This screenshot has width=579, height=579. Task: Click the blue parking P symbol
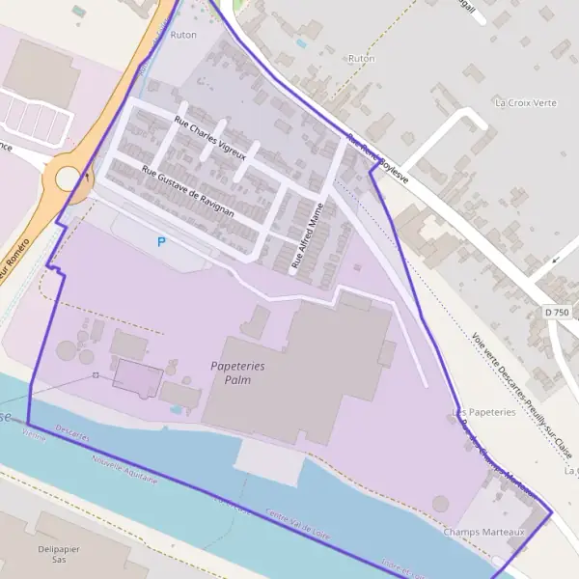tap(161, 241)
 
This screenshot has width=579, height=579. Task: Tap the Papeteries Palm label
tap(237, 372)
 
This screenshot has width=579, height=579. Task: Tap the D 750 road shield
tap(556, 313)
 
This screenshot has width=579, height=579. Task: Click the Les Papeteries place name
tap(484, 412)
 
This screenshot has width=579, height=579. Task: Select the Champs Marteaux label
tap(483, 532)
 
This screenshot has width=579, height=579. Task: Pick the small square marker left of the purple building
tap(96, 374)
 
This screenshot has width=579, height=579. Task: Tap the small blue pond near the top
tap(302, 42)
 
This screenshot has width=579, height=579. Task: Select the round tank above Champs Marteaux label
tap(440, 504)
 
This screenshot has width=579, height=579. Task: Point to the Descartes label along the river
tap(72, 435)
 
